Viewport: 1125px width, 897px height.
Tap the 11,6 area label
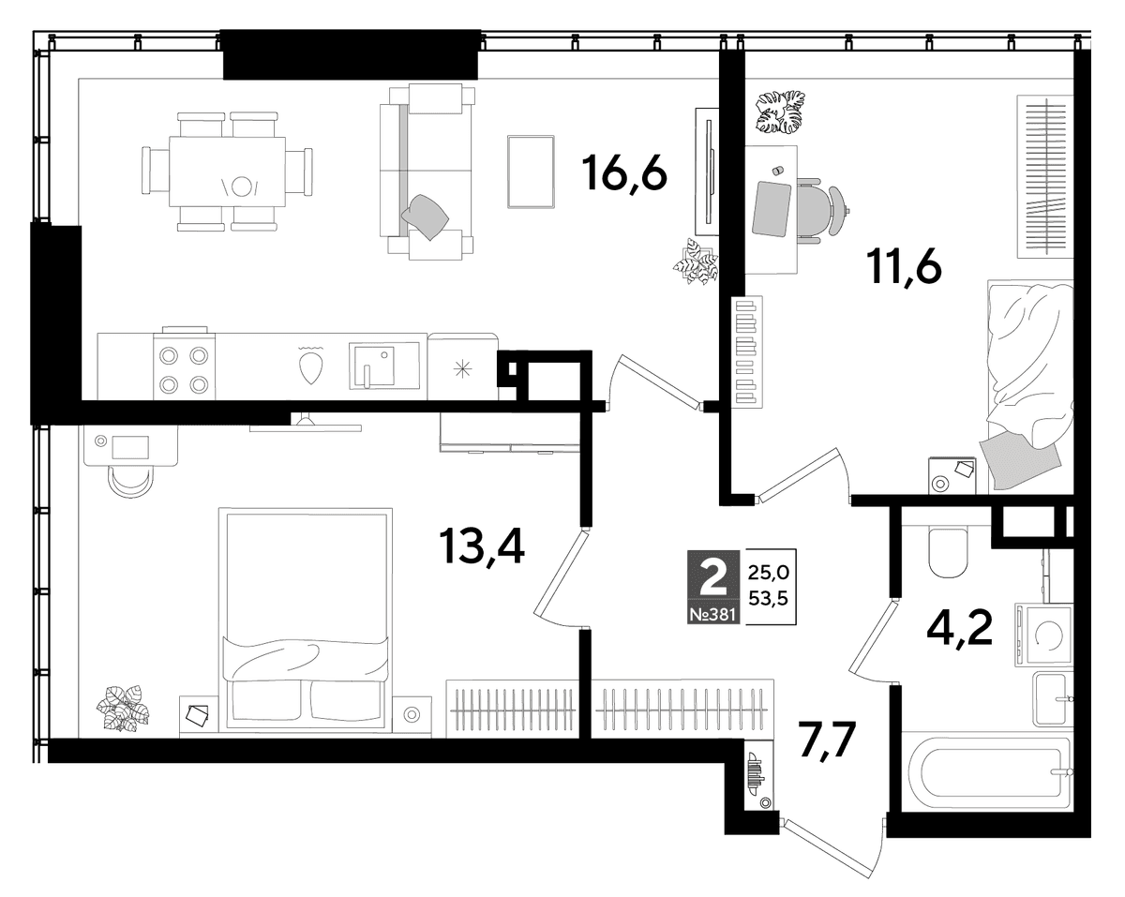pos(905,266)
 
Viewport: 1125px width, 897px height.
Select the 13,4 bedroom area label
pos(482,546)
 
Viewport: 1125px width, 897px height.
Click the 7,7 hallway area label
pos(829,741)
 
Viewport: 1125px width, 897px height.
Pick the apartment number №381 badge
pos(713,615)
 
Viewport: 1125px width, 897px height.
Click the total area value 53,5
pos(768,598)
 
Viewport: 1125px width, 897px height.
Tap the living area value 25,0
pos(768,573)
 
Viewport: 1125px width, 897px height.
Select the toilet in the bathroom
pos(950,550)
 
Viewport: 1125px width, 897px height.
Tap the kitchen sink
pos(384,366)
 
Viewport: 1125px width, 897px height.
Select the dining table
pos(228,172)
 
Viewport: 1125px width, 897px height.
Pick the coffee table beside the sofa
pos(531,172)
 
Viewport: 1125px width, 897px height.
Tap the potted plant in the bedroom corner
pos(122,708)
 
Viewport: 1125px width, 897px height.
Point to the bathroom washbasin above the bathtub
pos(1051,699)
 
